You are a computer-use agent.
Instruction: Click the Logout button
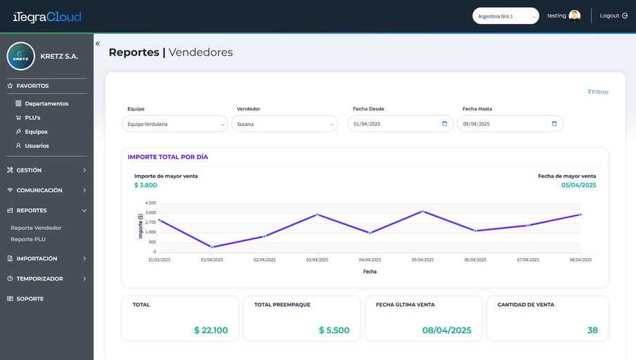614,16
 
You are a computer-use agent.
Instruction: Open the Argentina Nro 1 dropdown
505,16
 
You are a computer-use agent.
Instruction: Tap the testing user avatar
574,15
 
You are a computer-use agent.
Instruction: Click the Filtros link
598,92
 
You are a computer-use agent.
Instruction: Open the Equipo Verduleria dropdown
175,124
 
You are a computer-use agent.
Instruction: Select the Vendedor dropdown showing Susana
285,124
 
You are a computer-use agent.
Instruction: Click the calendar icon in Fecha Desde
445,124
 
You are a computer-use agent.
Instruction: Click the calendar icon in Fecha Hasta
554,124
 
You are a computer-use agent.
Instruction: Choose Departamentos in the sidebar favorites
46,103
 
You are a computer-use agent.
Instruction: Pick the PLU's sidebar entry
32,117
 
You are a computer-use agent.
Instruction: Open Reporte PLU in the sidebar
28,240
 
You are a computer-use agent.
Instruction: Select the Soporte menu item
30,299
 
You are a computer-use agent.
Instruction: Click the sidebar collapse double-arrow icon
98,44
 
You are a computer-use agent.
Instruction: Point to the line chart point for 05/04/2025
422,212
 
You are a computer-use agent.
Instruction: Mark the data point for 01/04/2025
212,247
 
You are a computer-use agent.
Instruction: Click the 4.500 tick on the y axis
150,203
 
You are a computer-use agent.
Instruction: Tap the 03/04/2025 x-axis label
317,259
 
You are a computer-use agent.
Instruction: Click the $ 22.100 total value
211,330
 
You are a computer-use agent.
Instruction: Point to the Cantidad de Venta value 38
592,330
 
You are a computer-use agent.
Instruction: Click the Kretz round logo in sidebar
20,56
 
